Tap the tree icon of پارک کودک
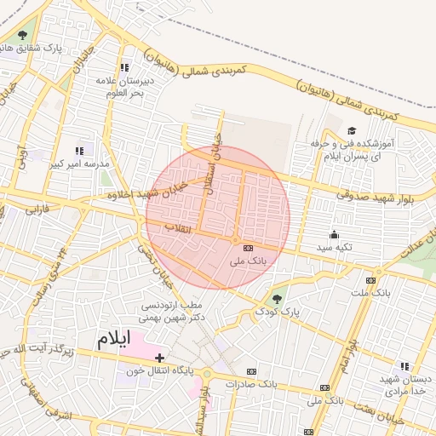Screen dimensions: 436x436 (x=275, y=298)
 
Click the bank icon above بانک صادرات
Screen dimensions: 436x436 (x=251, y=371)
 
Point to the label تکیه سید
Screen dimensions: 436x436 (x=335, y=247)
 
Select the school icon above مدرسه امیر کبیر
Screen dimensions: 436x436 (x=80, y=151)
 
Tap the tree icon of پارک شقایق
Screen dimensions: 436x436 (x=22, y=35)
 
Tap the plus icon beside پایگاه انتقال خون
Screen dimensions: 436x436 (x=159, y=357)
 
